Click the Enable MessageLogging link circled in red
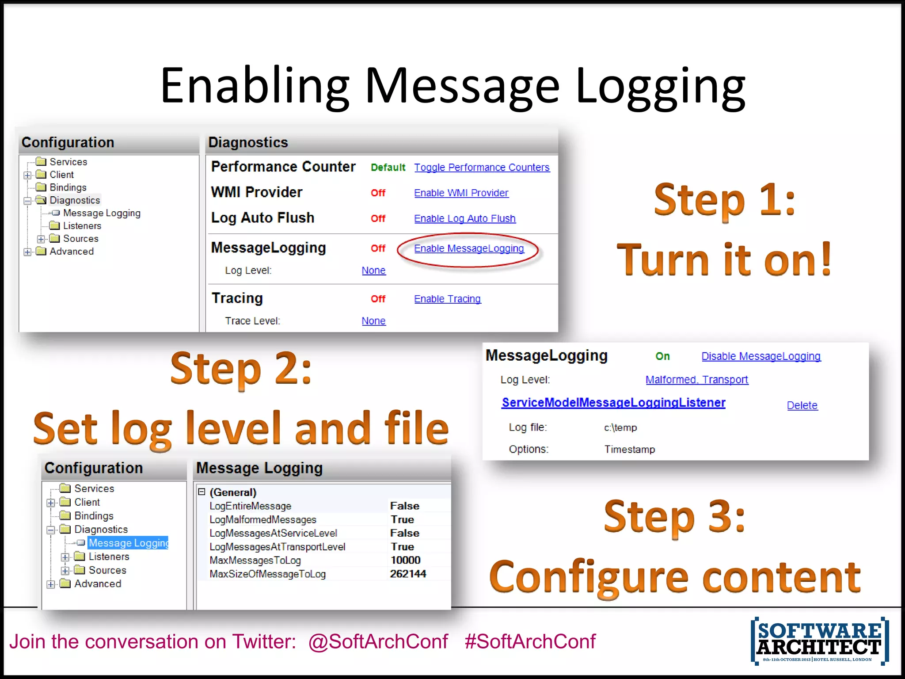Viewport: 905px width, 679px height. coord(469,248)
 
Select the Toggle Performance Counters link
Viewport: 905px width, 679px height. coord(482,168)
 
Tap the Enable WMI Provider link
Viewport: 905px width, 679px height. coord(461,193)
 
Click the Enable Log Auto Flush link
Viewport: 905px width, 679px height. coord(465,218)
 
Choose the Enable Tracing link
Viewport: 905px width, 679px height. coord(447,299)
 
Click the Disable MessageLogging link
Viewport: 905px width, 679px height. coord(761,356)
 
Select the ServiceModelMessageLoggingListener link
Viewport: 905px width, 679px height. coord(613,403)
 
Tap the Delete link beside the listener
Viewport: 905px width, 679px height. coord(802,405)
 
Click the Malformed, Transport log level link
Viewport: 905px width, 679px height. coord(697,380)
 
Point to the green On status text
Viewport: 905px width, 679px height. coord(662,356)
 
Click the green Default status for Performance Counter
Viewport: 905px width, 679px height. coord(388,168)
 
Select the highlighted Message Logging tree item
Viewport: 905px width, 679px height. coord(128,543)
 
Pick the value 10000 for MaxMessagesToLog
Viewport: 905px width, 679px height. coord(405,560)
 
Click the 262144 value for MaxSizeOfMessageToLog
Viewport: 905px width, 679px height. coord(408,574)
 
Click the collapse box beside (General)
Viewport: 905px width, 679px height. coord(202,492)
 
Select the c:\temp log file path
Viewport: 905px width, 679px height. coord(620,427)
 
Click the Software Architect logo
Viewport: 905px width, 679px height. coord(820,641)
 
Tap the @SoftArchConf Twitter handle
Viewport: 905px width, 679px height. coord(378,641)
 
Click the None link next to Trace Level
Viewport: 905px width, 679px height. coord(373,321)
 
